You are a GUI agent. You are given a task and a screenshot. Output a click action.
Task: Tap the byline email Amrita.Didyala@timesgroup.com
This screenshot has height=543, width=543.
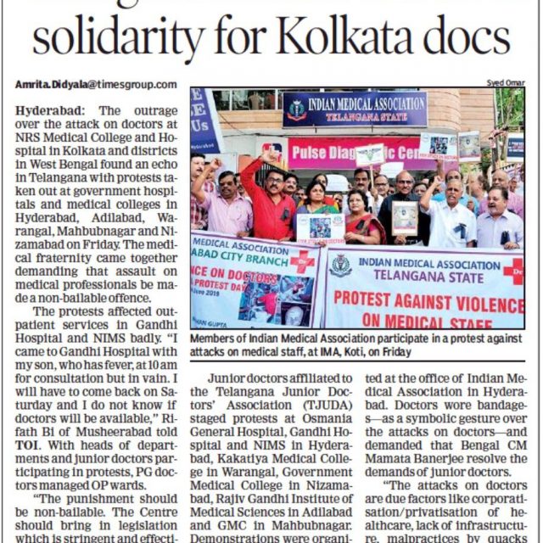coord(96,84)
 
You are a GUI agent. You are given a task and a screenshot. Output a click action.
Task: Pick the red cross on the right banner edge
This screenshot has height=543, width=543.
coord(513,271)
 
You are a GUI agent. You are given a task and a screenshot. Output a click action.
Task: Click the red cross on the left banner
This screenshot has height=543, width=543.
coord(302,260)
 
